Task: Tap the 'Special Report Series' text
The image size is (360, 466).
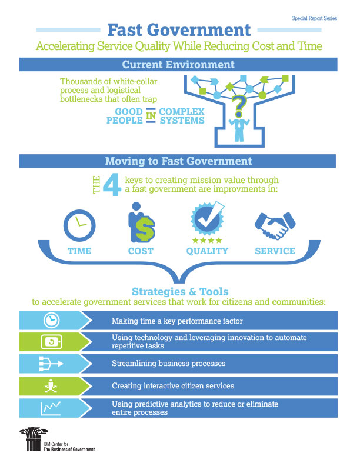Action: [x=315, y=18]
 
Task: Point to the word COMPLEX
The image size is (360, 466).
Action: [x=182, y=111]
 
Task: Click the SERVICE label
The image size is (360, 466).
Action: [x=275, y=251]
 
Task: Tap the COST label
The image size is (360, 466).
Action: [x=141, y=251]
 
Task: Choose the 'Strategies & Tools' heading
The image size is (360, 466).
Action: [x=180, y=291]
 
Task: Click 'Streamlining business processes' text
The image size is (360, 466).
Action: [x=168, y=364]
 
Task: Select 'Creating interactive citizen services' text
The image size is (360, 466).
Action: [x=174, y=386]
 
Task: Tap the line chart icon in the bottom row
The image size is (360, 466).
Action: [x=50, y=408]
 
